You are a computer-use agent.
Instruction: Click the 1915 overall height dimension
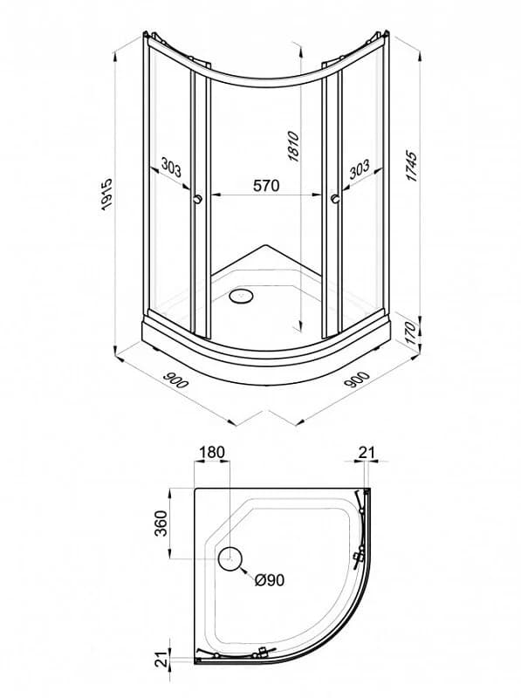click(106, 194)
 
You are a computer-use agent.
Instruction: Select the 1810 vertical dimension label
click(294, 146)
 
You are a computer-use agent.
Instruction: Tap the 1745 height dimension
click(412, 167)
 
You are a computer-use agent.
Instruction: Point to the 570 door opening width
click(266, 185)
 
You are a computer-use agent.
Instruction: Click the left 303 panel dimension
click(171, 168)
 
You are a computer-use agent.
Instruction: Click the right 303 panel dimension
click(359, 168)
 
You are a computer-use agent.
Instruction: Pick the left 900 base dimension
click(176, 380)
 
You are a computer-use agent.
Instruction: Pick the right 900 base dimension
click(357, 380)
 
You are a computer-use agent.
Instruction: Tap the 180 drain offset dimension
click(212, 452)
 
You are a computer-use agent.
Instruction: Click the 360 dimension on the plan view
click(161, 523)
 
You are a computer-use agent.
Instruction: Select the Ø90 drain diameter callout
click(270, 579)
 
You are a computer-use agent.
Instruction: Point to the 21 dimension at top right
click(367, 452)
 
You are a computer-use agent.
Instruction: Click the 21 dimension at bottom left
click(163, 658)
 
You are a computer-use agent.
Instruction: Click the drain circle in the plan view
click(230, 558)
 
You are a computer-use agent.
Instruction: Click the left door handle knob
click(198, 199)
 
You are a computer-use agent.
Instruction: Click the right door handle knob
click(335, 199)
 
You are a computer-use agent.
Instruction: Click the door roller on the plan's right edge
click(357, 558)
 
